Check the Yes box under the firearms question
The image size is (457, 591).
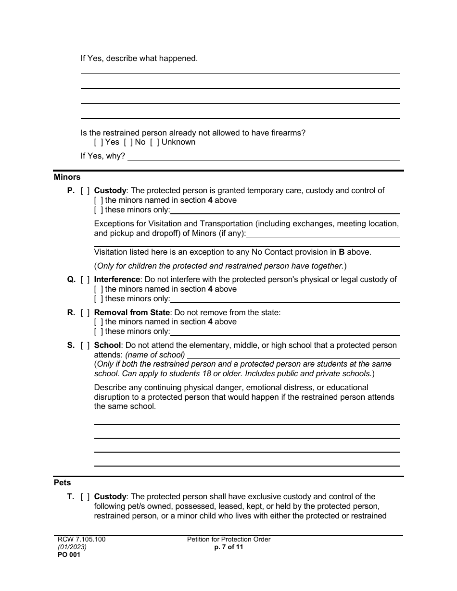click(x=99, y=142)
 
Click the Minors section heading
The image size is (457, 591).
click(x=67, y=177)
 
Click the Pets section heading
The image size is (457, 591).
click(x=62, y=483)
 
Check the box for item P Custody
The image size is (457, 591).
click(x=85, y=191)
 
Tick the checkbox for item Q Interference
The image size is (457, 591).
click(x=85, y=280)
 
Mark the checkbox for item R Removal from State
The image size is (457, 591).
click(x=85, y=313)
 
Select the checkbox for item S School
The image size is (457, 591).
click(x=85, y=345)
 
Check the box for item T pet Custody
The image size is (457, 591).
click(x=85, y=497)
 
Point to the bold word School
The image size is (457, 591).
click(x=107, y=345)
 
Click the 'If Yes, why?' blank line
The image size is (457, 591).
click(x=263, y=157)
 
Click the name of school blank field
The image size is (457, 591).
click(x=293, y=355)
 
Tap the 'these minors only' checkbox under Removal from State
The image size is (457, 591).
click(x=99, y=332)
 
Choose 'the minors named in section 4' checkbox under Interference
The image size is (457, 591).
click(x=99, y=289)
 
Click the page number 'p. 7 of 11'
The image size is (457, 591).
click(x=228, y=547)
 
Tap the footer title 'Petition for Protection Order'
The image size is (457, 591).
click(x=228, y=540)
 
